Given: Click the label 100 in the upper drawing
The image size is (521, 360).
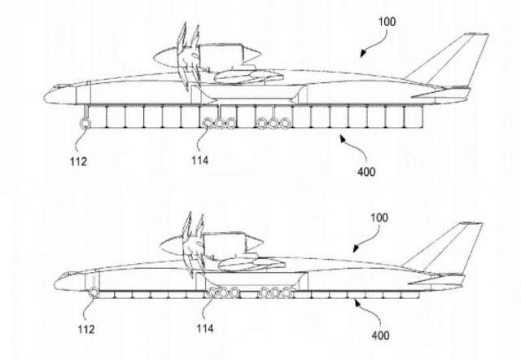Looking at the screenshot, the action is click(x=387, y=22).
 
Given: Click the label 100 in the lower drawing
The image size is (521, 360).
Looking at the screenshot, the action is click(x=379, y=217).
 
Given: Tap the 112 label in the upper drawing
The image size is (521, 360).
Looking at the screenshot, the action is click(x=78, y=161).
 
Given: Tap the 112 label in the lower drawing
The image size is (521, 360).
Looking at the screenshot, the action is click(x=86, y=329).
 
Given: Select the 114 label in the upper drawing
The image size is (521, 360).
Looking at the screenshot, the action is click(x=199, y=160).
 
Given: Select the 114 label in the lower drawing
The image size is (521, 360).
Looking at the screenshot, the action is click(x=205, y=328).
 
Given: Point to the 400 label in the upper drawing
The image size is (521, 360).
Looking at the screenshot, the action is click(x=366, y=172).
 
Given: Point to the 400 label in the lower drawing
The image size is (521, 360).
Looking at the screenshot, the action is click(x=380, y=335).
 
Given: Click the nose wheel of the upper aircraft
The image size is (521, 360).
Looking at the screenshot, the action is click(x=85, y=123).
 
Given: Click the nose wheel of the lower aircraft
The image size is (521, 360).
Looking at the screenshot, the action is click(x=94, y=293).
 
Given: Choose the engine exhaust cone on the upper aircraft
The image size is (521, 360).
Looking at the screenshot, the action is click(x=252, y=55).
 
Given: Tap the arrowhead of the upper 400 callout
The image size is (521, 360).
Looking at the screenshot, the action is click(x=343, y=138).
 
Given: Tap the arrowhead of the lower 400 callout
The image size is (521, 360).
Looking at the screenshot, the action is click(x=357, y=302).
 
